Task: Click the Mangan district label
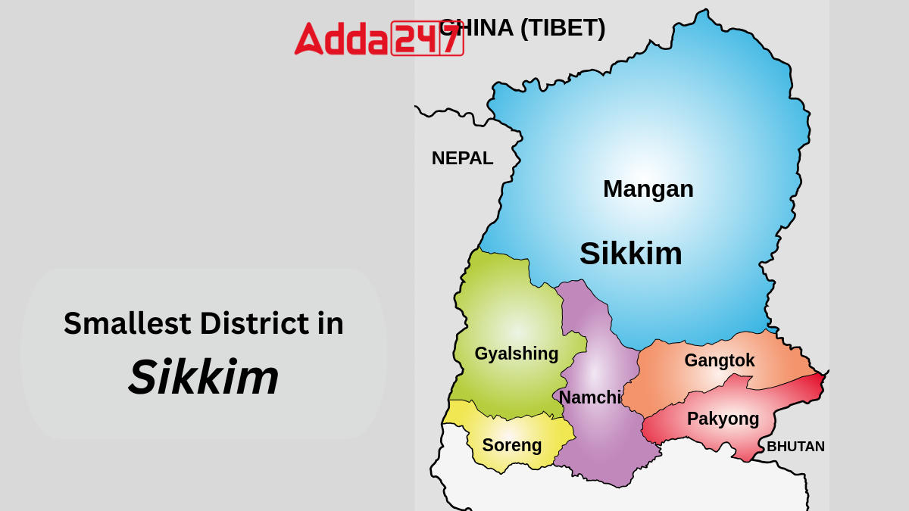[648, 189]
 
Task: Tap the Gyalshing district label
[516, 354]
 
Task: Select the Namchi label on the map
[590, 397]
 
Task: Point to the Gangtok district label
[719, 360]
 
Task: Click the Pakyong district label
[723, 419]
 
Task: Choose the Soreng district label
[511, 445]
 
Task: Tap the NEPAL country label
[462, 158]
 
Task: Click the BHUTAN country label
[795, 447]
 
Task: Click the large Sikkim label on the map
[630, 254]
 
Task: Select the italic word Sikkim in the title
[203, 377]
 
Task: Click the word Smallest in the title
[127, 323]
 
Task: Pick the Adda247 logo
[378, 38]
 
